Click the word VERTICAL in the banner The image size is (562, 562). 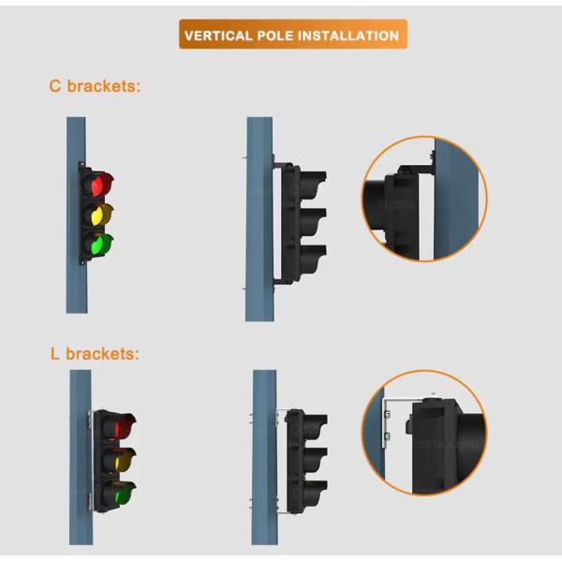tap(218, 36)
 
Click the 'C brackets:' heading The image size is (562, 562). tap(95, 86)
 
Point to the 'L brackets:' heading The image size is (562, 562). tap(95, 354)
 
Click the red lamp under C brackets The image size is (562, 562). tap(97, 185)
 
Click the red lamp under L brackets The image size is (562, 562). tap(122, 426)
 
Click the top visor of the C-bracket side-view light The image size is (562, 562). tap(313, 184)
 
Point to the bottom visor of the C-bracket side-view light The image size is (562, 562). tap(313, 259)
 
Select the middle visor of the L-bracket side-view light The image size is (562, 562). tap(315, 461)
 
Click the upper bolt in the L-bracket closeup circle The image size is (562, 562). tap(387, 414)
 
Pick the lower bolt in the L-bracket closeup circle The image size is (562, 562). tap(387, 436)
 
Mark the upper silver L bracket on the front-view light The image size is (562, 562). tap(90, 420)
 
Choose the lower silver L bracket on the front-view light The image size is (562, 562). tap(90, 502)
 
